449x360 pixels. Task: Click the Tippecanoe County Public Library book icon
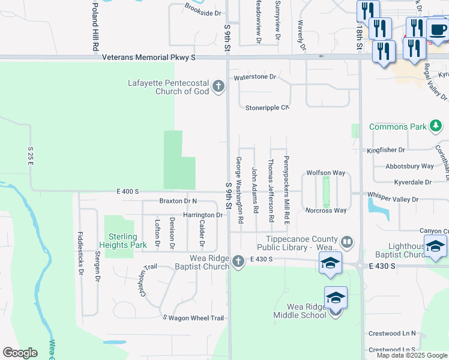(346, 242)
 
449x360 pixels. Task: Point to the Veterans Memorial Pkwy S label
(149, 58)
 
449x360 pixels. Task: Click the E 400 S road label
(127, 191)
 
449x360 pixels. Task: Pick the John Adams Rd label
(255, 190)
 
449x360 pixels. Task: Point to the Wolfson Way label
(326, 173)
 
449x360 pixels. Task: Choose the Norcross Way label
(326, 211)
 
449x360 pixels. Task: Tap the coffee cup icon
(438, 30)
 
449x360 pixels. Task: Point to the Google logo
(20, 352)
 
